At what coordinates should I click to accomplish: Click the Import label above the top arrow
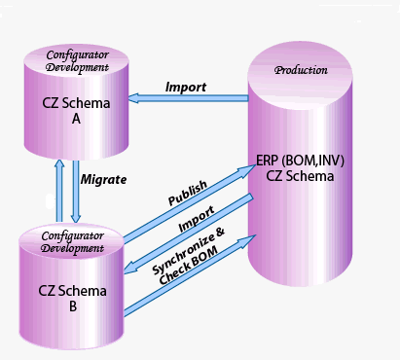click(185, 87)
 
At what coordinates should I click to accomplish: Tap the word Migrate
click(104, 180)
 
